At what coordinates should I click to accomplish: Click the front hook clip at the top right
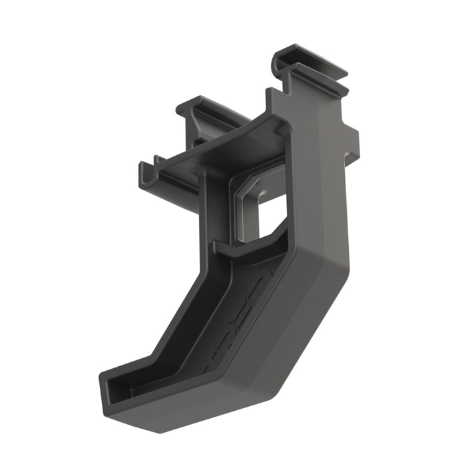pyautogui.click(x=320, y=77)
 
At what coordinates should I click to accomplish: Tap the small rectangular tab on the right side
pyautogui.click(x=352, y=143)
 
